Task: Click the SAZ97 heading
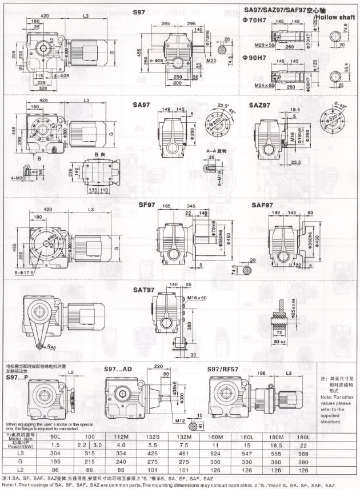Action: click(259, 106)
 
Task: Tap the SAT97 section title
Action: click(143, 290)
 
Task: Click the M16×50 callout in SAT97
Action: click(196, 298)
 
